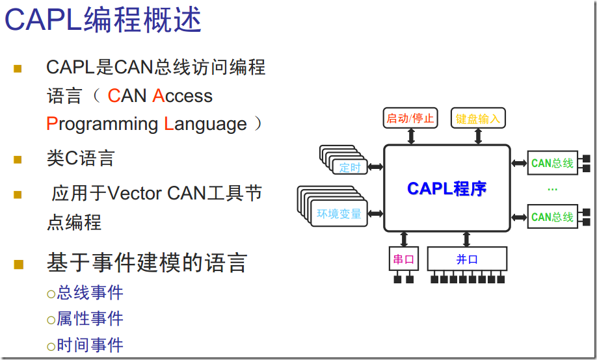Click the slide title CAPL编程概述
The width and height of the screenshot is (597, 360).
click(x=103, y=21)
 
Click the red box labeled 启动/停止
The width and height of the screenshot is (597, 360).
click(x=411, y=118)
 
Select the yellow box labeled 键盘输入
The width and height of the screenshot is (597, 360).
click(x=478, y=118)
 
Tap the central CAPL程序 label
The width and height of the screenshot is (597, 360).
click(x=447, y=188)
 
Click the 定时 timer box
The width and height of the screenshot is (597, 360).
click(x=351, y=167)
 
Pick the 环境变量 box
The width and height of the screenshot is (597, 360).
click(x=339, y=214)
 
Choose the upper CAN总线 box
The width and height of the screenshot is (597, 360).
click(x=552, y=162)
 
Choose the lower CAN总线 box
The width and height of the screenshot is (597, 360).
click(x=552, y=216)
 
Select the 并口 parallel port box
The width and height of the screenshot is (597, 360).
click(x=467, y=259)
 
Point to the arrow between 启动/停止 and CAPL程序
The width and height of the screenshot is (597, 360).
click(x=411, y=136)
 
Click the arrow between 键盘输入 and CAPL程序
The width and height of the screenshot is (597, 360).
click(x=478, y=136)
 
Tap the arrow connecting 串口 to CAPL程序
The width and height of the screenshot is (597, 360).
click(x=404, y=238)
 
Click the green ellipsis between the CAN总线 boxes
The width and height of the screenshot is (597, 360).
click(x=552, y=190)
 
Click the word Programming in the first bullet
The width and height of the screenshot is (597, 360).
click(x=102, y=123)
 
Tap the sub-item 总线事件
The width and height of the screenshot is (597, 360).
click(x=90, y=293)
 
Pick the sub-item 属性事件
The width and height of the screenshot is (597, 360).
click(x=90, y=319)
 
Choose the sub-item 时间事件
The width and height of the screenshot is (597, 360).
click(x=90, y=345)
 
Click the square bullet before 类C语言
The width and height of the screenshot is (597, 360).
click(x=18, y=159)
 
